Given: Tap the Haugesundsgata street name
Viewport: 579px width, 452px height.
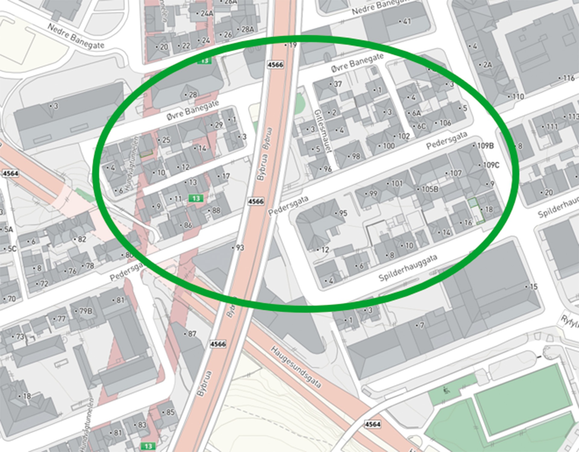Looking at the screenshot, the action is pos(296,367).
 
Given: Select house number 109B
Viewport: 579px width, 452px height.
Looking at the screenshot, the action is pos(485,146).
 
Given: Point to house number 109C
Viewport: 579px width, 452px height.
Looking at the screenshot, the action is pos(491,165).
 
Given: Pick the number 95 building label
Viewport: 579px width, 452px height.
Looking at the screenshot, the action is pos(343,213).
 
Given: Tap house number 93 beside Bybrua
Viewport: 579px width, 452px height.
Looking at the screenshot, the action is pos(239,248).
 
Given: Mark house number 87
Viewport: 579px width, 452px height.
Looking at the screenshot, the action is pos(192,334).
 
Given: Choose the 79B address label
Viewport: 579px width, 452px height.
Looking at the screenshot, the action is pos(85,311).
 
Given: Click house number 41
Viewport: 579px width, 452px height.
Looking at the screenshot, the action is pos(407,21).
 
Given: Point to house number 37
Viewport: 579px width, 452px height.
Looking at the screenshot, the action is pos(337,84).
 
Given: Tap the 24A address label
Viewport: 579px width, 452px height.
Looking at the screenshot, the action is pos(207,14).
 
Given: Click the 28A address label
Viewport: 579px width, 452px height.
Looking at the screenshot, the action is pos(247,29).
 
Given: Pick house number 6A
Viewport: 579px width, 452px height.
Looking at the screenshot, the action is pos(416,113).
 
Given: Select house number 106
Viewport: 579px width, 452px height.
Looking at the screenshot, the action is pos(445,123).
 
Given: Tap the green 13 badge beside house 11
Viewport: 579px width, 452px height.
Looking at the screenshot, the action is pos(196,198).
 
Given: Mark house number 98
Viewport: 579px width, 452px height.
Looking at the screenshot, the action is pos(356,156).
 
